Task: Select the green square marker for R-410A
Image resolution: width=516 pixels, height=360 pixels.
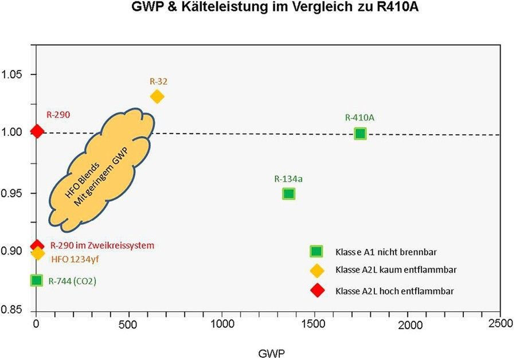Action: click(x=360, y=134)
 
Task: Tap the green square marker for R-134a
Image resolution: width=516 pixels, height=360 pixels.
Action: click(x=288, y=194)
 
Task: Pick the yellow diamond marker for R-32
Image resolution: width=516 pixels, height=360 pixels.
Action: click(x=157, y=96)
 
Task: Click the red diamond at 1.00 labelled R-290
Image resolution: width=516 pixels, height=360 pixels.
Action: click(x=37, y=131)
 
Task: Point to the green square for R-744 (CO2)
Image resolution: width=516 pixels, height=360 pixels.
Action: click(x=37, y=280)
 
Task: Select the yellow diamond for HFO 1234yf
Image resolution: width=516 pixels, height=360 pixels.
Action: click(x=38, y=253)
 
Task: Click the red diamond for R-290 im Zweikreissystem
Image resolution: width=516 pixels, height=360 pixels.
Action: click(x=37, y=245)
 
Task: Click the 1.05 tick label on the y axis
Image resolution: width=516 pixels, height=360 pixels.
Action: click(x=14, y=75)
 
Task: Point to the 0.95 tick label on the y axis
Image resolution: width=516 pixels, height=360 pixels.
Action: click(x=14, y=193)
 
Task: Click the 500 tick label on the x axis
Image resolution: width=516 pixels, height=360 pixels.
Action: click(x=128, y=324)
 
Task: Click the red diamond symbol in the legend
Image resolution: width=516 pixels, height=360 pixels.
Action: click(x=316, y=290)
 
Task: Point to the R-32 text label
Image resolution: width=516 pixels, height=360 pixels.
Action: click(x=159, y=81)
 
